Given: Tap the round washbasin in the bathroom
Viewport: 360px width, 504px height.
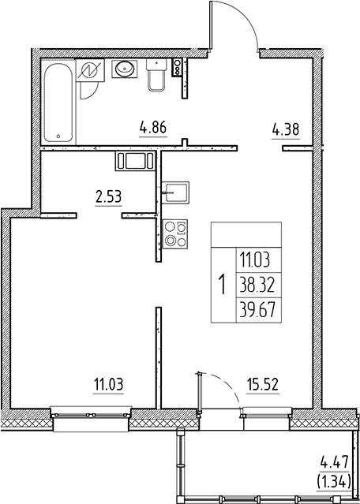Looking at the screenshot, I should (125, 70).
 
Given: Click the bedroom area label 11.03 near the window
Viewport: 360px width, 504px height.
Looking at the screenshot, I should (110, 384).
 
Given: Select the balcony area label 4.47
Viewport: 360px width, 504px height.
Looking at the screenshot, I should (335, 463).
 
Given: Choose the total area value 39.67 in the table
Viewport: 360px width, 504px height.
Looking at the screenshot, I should (252, 308).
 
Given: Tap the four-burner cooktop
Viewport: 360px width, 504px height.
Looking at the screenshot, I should (175, 236).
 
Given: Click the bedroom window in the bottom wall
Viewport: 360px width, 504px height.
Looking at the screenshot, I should (89, 412).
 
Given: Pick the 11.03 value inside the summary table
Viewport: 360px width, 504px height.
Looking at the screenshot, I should (252, 258).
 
